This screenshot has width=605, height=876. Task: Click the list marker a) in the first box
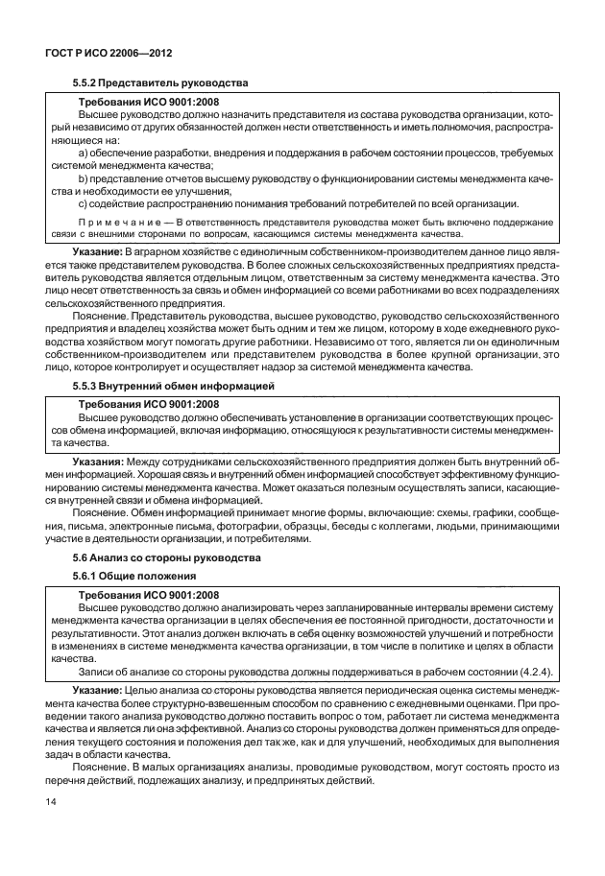click(81, 154)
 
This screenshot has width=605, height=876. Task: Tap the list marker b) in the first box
click(81, 178)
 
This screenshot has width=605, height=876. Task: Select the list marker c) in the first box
click(81, 202)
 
